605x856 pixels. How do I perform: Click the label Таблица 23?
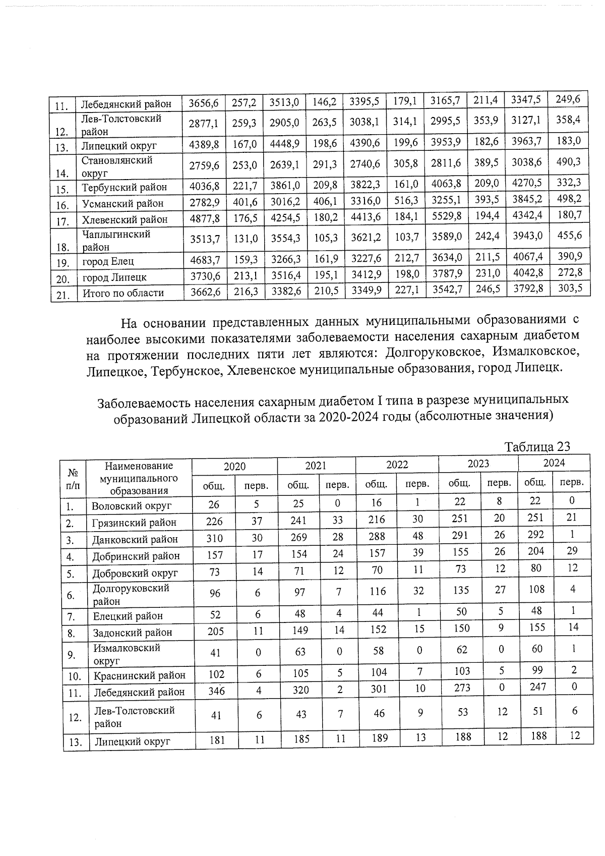tap(537, 447)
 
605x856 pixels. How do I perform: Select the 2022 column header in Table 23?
tap(397, 465)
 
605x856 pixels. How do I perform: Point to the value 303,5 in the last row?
tap(569, 288)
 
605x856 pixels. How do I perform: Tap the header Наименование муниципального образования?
tap(139, 478)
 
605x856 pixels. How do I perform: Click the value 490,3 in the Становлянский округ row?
tap(568, 161)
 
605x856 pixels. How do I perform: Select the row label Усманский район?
tap(123, 204)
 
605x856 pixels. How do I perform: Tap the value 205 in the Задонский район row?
tap(214, 631)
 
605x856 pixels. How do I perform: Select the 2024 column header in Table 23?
tap(554, 463)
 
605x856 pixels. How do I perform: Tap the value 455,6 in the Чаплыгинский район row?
tap(568, 235)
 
